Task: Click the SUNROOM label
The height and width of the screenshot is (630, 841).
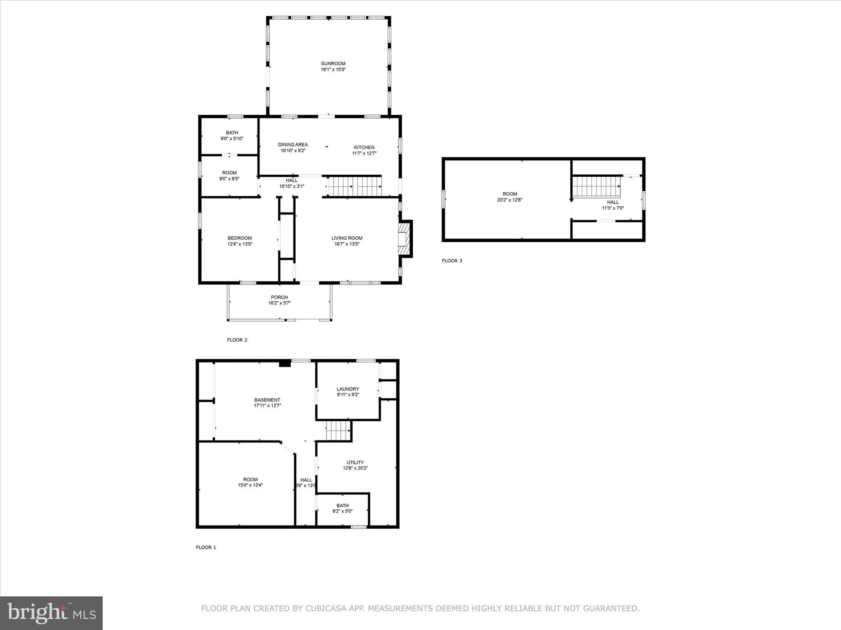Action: coord(333,64)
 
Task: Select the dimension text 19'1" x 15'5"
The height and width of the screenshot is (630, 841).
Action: coord(333,70)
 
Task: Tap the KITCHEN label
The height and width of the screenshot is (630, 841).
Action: coord(364,147)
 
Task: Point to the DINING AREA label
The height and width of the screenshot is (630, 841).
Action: coord(293,144)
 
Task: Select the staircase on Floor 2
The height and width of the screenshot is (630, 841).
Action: coord(355,187)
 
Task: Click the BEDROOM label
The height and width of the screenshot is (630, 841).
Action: coord(240,238)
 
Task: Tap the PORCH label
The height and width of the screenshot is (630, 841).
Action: coord(279,297)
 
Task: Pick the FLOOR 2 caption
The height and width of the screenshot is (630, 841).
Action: coord(237,340)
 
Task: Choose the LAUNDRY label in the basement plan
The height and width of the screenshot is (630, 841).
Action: coord(348,389)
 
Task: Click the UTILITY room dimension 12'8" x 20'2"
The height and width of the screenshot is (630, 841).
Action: coord(355,468)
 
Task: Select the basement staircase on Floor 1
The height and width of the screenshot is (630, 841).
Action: coord(338,431)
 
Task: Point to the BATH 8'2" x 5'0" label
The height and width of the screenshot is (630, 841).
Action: coord(342,508)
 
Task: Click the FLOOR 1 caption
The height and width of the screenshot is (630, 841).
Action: coord(206,547)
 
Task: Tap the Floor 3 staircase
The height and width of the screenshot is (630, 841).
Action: coord(596,186)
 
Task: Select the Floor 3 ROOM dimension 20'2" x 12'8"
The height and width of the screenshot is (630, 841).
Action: coord(510,200)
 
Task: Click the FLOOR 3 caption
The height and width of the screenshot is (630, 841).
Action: coord(452,260)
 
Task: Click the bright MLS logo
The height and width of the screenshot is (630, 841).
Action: coord(51,613)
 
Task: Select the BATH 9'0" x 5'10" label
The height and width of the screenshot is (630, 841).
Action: coord(232,135)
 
